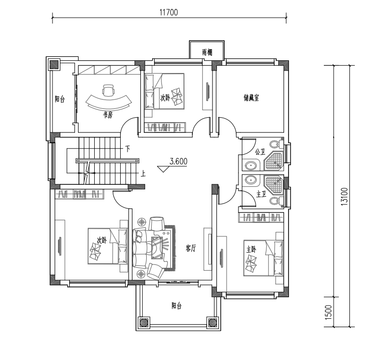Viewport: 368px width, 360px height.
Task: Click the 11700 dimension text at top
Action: pos(169,12)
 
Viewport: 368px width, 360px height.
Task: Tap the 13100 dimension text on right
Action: pos(344,197)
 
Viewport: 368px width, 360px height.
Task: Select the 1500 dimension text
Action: pos(329,312)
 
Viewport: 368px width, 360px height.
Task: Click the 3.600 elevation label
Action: pos(179,161)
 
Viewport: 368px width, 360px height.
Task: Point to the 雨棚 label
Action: pos(207,52)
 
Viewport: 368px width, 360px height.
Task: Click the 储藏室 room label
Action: pos(251,98)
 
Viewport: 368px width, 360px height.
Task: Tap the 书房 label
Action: pos(108,115)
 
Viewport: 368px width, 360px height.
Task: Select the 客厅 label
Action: pos(190,248)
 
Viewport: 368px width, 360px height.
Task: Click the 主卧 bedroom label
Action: pos(251,249)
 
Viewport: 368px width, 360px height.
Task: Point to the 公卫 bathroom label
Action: pos(260,152)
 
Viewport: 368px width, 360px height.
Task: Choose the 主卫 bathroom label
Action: pos(261,194)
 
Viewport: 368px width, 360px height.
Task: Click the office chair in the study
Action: pos(108,90)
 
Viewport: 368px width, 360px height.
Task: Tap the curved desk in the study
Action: pos(108,103)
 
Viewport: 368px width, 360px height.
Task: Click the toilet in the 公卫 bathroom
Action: pos(276,144)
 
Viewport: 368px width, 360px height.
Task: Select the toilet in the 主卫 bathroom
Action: pos(276,201)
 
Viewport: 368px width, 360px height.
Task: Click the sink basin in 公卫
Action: pos(251,166)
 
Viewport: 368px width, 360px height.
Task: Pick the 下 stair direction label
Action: pos(128,149)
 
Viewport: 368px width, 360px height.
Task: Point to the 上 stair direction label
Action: pos(143,174)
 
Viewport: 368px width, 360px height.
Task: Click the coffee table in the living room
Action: pos(157,248)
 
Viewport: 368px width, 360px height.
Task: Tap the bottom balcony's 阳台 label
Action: pos(177,306)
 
